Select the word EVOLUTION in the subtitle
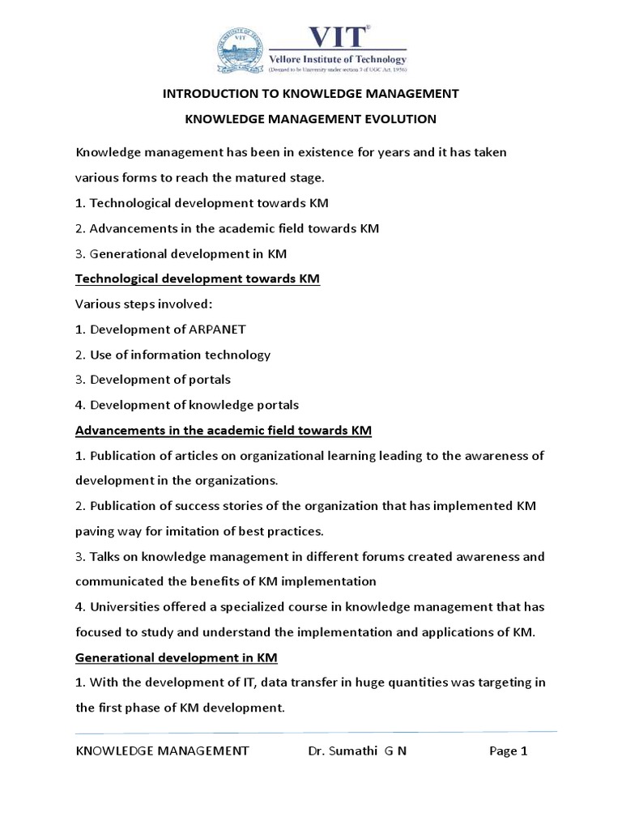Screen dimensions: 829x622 395,119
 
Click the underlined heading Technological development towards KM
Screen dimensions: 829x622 198,278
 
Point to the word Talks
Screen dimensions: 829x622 105,557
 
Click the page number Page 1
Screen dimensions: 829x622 509,750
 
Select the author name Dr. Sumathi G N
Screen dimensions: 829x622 357,750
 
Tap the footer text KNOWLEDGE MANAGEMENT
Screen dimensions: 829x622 162,750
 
